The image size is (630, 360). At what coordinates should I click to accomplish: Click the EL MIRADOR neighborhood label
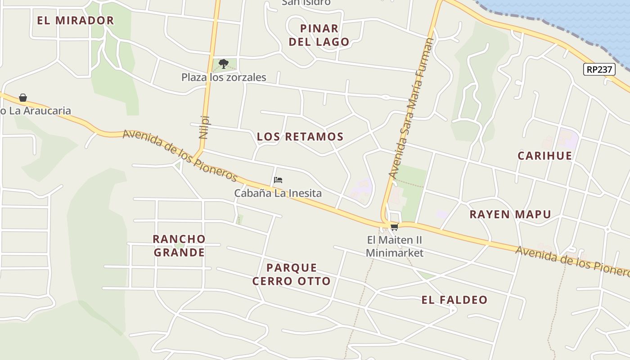pyautogui.click(x=76, y=20)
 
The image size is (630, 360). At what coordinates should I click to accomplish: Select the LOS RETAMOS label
pyautogui.click(x=300, y=136)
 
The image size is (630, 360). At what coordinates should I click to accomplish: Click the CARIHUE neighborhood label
pyautogui.click(x=544, y=156)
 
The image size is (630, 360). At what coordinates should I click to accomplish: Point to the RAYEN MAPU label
pyautogui.click(x=510, y=214)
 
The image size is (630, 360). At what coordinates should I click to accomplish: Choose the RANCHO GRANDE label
pyautogui.click(x=179, y=245)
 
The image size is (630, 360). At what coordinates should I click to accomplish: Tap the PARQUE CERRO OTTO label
pyautogui.click(x=292, y=274)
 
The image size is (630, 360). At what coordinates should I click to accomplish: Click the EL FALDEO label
pyautogui.click(x=454, y=300)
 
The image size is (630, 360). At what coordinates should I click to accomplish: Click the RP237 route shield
pyautogui.click(x=599, y=69)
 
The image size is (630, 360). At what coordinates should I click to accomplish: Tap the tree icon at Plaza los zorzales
pyautogui.click(x=224, y=63)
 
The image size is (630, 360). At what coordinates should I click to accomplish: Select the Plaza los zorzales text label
pyautogui.click(x=224, y=77)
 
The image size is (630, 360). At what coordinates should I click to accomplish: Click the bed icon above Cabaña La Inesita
pyautogui.click(x=278, y=180)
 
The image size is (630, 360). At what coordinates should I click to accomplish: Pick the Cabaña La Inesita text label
pyautogui.click(x=278, y=193)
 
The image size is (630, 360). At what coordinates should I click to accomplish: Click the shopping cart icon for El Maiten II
pyautogui.click(x=394, y=227)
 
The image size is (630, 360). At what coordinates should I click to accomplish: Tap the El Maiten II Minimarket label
pyautogui.click(x=394, y=246)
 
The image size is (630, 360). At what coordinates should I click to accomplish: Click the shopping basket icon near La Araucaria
pyautogui.click(x=23, y=98)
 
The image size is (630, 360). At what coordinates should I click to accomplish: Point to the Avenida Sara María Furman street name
pyautogui.click(x=411, y=108)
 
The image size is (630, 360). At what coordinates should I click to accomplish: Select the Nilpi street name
pyautogui.click(x=204, y=127)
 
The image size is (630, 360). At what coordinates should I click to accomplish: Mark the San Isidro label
pyautogui.click(x=306, y=2)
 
